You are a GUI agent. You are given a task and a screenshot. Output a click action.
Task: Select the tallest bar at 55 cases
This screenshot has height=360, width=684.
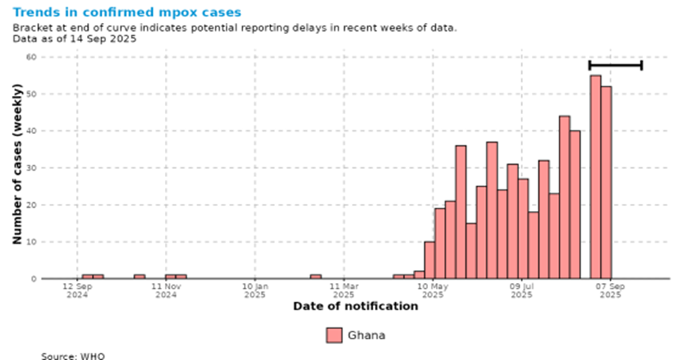(x=595, y=177)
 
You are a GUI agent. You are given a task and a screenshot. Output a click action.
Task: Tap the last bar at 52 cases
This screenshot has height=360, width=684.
(x=606, y=182)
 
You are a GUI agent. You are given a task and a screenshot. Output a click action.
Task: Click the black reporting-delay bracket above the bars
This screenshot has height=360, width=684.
(x=615, y=65)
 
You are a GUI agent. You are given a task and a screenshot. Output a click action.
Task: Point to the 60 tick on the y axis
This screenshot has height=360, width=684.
(x=31, y=57)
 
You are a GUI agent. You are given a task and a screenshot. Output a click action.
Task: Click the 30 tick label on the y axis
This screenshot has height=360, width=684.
(x=31, y=168)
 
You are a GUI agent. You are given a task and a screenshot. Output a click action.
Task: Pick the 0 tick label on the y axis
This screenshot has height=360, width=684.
(x=33, y=279)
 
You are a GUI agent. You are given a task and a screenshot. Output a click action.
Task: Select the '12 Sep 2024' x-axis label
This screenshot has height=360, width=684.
(x=77, y=289)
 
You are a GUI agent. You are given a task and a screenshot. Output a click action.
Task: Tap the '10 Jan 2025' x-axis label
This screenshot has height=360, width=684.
(x=254, y=289)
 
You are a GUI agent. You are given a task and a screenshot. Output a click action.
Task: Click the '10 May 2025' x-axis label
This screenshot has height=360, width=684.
(x=433, y=289)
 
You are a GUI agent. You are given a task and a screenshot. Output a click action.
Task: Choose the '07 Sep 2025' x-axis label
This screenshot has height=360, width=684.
(x=610, y=289)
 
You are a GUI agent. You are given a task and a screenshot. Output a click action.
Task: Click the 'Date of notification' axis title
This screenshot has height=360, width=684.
(x=355, y=306)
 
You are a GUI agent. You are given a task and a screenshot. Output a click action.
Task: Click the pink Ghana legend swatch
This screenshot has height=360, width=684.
(x=334, y=335)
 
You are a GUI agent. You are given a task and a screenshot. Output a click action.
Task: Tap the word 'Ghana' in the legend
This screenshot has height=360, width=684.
(x=366, y=335)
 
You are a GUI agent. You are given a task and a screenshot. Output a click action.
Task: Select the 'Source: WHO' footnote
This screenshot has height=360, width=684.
(x=73, y=355)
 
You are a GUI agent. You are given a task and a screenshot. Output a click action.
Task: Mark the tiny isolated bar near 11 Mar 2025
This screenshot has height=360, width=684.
(x=315, y=277)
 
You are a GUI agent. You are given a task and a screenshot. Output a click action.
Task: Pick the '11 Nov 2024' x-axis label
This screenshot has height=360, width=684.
(x=166, y=289)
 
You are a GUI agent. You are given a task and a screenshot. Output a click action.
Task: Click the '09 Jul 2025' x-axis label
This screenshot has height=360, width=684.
(x=522, y=289)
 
